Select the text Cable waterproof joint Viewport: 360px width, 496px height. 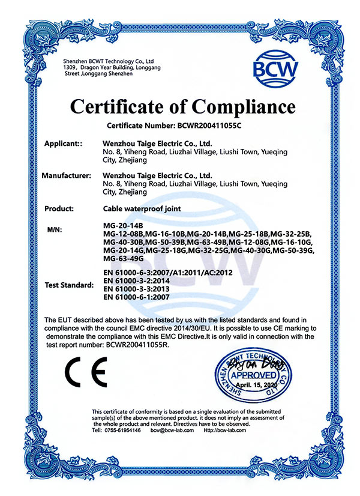pos(142,208)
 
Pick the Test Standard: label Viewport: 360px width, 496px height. pos(69,285)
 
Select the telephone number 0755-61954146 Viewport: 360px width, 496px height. pos(124,430)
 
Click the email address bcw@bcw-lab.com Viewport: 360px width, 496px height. pos(172,430)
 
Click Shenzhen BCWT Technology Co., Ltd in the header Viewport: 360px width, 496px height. pos(109,61)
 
